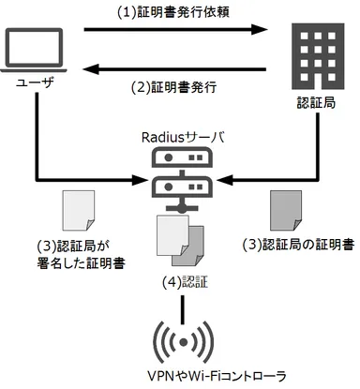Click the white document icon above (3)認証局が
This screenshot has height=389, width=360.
75,209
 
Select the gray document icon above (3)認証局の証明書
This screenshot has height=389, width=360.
284,209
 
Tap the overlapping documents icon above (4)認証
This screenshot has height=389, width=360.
178,238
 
